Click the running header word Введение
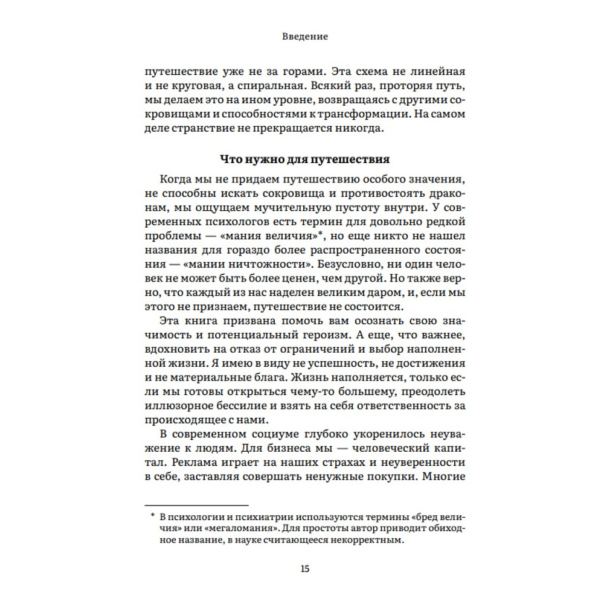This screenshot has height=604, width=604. tap(305, 36)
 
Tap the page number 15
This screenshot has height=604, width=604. tap(305, 568)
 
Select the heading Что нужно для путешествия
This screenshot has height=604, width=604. tap(304, 160)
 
